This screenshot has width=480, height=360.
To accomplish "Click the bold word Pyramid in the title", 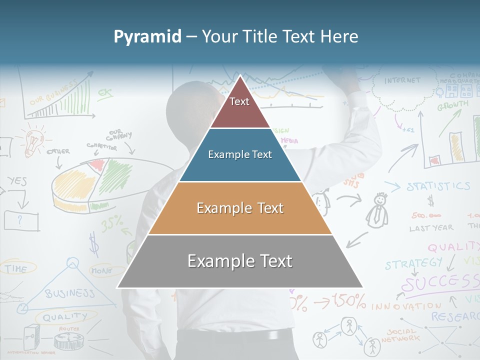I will [x=147, y=36].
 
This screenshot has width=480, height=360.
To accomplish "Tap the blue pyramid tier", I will [x=240, y=155].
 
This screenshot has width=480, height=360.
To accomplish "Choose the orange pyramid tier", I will [x=240, y=208].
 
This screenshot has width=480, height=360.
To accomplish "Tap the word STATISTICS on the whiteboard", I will [x=438, y=186].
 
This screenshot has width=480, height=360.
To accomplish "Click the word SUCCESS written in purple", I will [x=440, y=283].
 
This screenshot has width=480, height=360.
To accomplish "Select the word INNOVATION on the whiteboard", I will [x=406, y=305].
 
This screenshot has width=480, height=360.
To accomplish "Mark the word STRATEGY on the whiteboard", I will [x=413, y=263].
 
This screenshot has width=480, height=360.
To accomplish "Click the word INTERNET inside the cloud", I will [x=402, y=80].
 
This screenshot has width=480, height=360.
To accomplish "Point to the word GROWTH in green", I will [x=452, y=105].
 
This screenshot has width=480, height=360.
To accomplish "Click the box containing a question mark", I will [x=21, y=220].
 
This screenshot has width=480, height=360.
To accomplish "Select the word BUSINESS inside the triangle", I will [x=69, y=293].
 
